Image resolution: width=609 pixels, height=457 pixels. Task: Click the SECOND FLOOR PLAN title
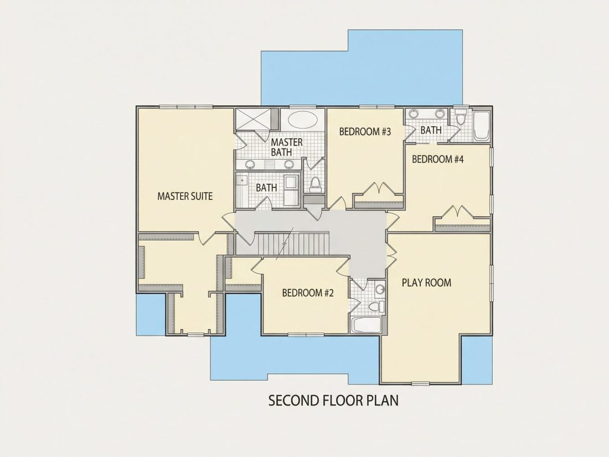coord(333,400)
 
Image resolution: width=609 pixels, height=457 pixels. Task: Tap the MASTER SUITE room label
coord(185,196)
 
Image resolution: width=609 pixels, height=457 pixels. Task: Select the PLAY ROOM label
coord(426,283)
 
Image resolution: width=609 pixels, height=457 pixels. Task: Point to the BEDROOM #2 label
coord(308,292)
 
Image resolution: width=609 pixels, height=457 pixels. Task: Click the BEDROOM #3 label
coord(365,132)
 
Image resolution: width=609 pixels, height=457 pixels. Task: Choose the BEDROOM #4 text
coord(438,160)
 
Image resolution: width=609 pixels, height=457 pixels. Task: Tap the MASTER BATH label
coord(287,147)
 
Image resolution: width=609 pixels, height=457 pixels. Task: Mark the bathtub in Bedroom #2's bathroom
coord(366,325)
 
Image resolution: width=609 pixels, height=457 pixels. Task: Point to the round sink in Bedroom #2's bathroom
coord(380,290)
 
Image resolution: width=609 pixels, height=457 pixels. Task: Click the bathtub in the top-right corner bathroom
coord(481,125)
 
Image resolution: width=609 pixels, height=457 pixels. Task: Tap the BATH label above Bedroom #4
coord(431,130)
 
